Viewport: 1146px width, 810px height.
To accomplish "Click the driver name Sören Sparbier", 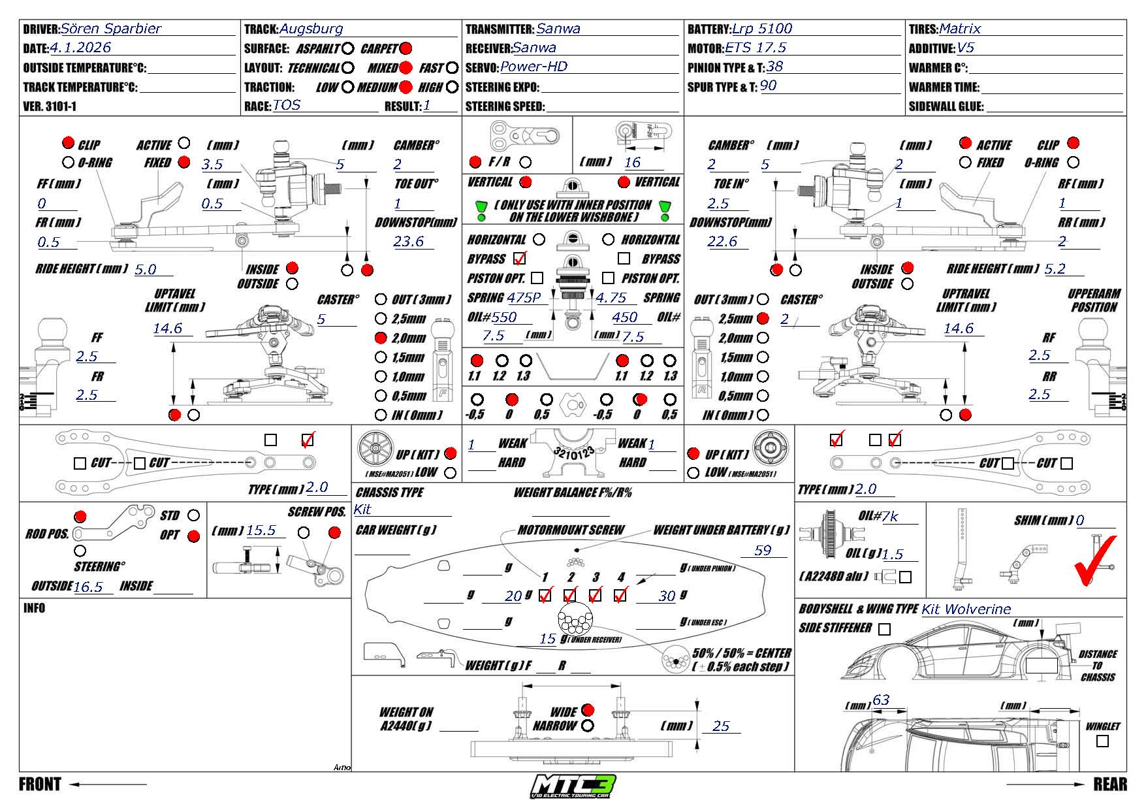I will (x=110, y=29).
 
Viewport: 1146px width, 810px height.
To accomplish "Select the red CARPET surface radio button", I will (x=406, y=48).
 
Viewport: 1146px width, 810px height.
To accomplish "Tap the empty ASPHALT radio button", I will (x=348, y=48).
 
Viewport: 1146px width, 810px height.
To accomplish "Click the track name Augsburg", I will (x=311, y=29).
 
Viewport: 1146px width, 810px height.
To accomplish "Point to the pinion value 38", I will (x=774, y=67).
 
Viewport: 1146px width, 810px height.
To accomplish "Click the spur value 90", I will (x=769, y=86).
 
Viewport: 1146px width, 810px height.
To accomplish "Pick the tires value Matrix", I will (x=960, y=29).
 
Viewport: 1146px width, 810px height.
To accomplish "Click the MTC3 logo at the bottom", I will (x=573, y=786).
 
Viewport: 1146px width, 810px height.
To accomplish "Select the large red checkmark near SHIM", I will (x=1095, y=560).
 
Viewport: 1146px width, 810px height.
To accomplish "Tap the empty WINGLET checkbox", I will (x=1102, y=741).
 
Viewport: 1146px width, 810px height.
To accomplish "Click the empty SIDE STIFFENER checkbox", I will (x=884, y=629).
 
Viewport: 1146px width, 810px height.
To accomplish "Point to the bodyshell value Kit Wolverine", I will (x=966, y=609).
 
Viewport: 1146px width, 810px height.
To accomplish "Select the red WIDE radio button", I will (x=588, y=710).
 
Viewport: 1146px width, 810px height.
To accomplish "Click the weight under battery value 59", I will (x=763, y=551).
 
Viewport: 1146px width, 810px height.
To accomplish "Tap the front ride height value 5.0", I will (x=146, y=269).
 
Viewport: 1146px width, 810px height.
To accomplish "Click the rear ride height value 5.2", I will (x=1055, y=268).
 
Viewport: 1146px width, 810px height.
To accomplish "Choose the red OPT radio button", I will (x=193, y=536).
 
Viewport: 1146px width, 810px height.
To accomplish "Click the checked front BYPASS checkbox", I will (x=520, y=258).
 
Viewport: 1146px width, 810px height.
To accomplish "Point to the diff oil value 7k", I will (x=890, y=517).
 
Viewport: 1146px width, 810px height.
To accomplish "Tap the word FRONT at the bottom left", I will (x=40, y=784).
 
